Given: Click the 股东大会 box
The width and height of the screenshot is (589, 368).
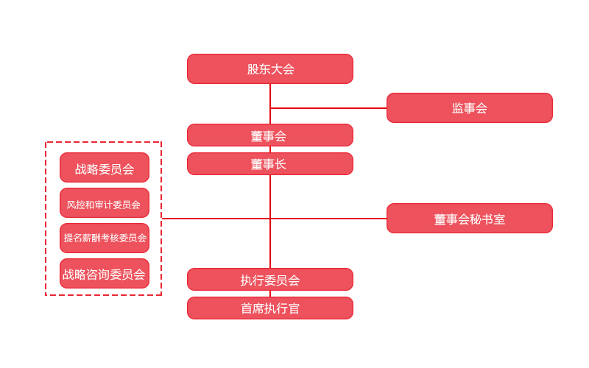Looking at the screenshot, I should click(270, 68).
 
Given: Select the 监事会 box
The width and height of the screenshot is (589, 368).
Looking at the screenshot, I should click(469, 107).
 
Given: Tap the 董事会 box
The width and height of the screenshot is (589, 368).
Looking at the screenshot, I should click(270, 135).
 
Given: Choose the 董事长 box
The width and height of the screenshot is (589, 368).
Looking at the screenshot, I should click(270, 163).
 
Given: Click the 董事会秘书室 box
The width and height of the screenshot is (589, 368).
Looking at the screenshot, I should click(469, 219).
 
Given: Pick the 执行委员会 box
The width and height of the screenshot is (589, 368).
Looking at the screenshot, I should click(270, 280).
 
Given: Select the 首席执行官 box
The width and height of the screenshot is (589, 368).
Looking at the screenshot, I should click(270, 308).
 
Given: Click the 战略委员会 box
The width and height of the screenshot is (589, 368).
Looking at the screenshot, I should click(105, 168).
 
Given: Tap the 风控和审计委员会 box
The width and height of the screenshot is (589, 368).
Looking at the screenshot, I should click(105, 203).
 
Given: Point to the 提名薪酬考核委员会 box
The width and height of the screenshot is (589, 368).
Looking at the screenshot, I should click(105, 238).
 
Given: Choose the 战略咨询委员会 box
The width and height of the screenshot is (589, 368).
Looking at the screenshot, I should click(105, 273).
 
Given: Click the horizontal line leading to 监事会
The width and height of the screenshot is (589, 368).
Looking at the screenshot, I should click(328, 108).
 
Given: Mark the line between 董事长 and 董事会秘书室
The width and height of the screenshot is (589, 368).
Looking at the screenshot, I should click(328, 219).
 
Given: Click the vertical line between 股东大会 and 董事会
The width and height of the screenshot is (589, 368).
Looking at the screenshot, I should click(270, 103).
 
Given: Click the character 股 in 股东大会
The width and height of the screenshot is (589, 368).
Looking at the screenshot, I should click(253, 69).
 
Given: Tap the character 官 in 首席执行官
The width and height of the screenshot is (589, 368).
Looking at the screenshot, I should click(294, 308).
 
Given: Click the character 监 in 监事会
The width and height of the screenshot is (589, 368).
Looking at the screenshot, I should click(457, 108).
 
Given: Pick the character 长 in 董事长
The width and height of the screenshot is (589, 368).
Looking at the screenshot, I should click(281, 164).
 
